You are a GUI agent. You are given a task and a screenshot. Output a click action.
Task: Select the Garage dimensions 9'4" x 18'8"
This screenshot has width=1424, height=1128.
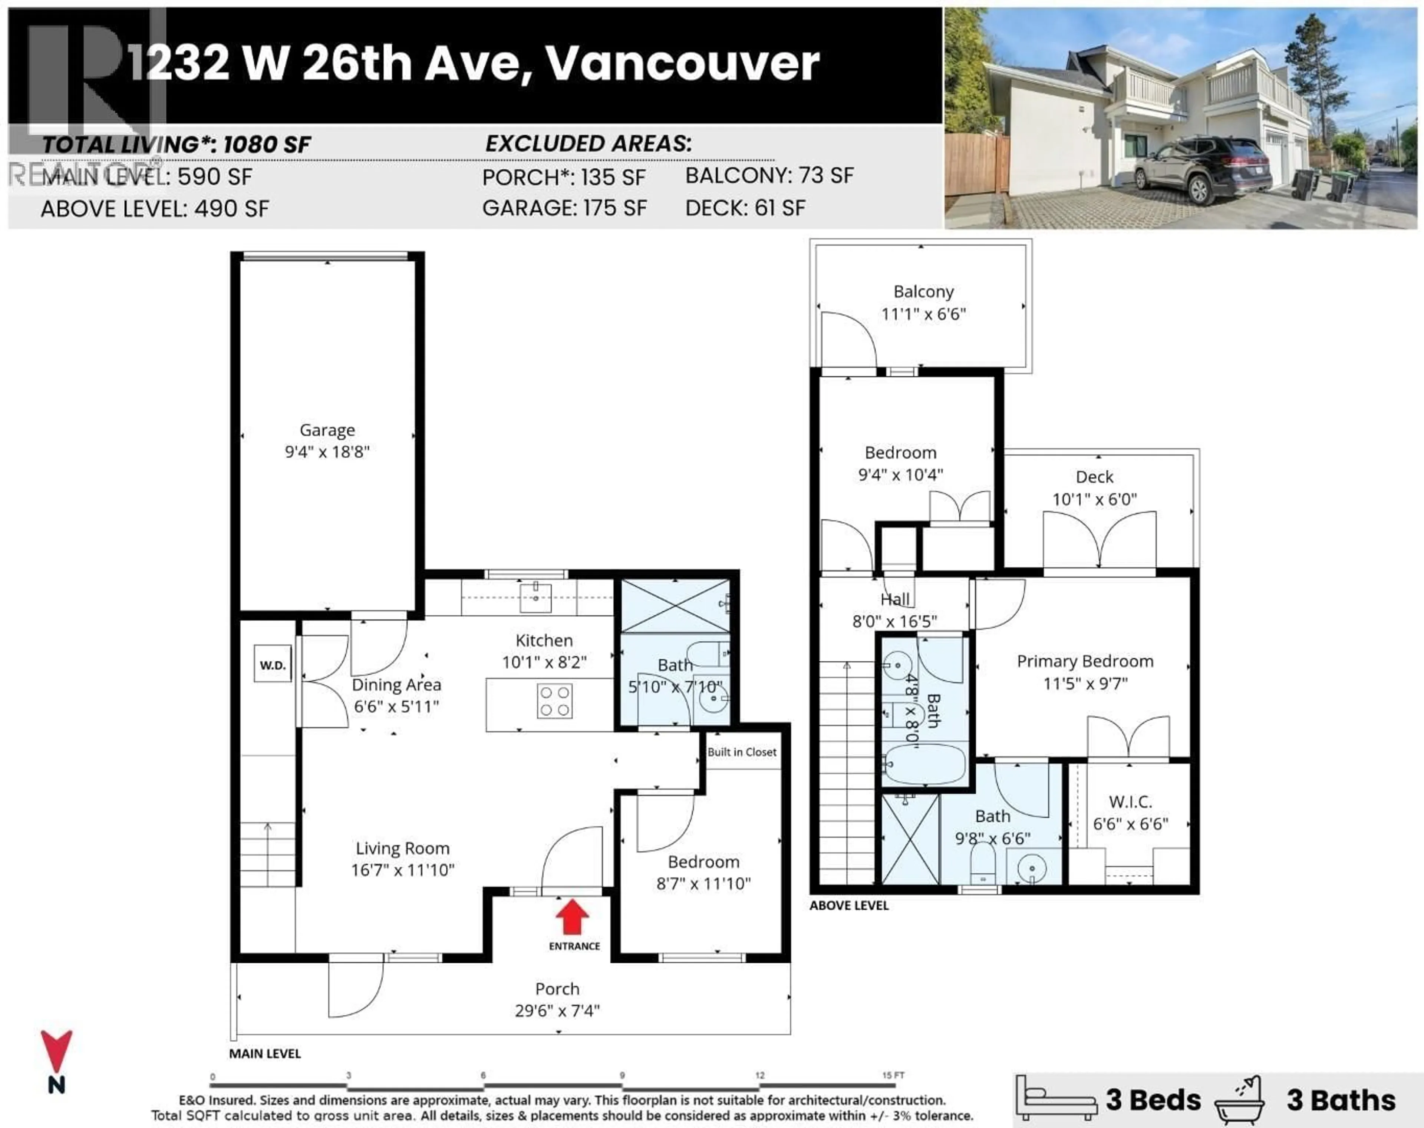coord(327,452)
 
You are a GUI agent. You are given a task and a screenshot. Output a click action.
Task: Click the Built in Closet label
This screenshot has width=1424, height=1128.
coord(742,752)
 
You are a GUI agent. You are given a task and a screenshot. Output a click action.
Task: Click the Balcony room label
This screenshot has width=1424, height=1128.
coord(923,292)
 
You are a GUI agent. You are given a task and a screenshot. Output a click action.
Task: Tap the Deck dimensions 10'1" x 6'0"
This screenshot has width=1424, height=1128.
coord(1094,500)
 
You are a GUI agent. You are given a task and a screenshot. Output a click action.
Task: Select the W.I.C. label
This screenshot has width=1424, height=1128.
coord(1130,802)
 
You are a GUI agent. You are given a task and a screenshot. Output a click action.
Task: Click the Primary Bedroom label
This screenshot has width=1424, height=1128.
coord(1085,661)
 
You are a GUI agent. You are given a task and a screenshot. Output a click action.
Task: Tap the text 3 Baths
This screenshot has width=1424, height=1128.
coord(1341,1100)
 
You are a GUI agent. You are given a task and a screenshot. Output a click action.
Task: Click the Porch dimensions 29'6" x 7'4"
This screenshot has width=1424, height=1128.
coord(557,1010)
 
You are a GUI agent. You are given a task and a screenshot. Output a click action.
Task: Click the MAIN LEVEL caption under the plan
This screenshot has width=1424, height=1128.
coord(265,1053)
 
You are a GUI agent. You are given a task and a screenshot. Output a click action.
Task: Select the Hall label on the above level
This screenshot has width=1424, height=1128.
coord(895,599)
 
